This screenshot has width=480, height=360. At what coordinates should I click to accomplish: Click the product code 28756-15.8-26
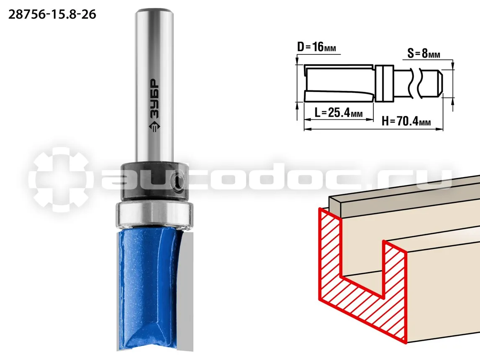pos(52,14)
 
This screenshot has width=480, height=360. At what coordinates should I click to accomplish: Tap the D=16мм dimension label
pos(316,47)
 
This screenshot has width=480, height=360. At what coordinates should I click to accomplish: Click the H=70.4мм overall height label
pos(406,121)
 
